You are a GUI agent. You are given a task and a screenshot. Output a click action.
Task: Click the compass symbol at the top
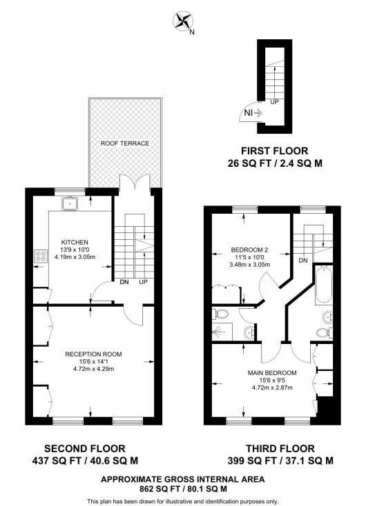[183, 21]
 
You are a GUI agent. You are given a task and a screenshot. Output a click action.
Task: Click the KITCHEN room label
[74, 242]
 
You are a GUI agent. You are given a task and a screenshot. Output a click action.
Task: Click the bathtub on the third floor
[325, 284]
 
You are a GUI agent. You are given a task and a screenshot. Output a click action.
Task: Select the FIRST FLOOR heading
[274, 150]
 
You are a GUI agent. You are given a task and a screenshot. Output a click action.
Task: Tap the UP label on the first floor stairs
[274, 102]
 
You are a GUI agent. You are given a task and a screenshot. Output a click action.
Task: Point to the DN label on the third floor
[303, 261]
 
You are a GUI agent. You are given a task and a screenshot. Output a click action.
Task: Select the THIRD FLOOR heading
[280, 447]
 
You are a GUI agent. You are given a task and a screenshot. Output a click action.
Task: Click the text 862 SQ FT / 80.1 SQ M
[182, 489]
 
